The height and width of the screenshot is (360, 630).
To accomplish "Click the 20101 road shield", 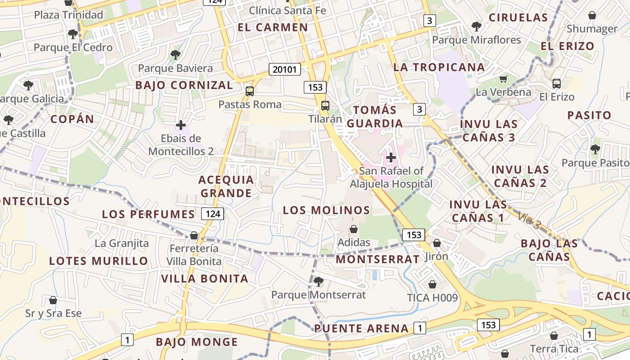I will [285, 69].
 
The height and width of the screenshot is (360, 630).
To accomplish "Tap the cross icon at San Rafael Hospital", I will [391, 157].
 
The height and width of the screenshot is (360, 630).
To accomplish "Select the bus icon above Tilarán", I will [325, 106].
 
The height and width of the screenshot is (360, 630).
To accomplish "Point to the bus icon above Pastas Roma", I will [250, 91].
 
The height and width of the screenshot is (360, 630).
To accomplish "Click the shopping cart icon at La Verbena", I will [503, 79].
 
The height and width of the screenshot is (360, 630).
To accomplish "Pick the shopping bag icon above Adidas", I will [354, 229].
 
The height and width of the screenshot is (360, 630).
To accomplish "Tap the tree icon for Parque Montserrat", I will [318, 282].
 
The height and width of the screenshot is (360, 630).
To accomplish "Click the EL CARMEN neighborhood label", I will [273, 27].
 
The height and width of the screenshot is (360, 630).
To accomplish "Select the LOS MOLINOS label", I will [326, 210].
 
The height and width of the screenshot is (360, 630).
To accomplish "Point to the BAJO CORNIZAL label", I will [184, 85].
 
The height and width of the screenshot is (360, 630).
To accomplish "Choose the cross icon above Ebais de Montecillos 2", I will [181, 125].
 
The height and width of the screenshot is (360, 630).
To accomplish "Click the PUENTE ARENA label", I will [361, 328].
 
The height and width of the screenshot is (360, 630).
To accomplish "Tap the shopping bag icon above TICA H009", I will [432, 284].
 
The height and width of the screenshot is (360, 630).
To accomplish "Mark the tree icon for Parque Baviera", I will [175, 55].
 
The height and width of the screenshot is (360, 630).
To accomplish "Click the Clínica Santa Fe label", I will [287, 10].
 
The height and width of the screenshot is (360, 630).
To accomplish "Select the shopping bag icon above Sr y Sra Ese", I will [53, 300].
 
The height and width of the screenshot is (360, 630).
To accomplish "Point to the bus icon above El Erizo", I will [557, 84].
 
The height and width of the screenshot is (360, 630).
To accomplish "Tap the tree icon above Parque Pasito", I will [595, 149].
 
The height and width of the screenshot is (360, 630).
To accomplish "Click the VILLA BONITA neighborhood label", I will [205, 279].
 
